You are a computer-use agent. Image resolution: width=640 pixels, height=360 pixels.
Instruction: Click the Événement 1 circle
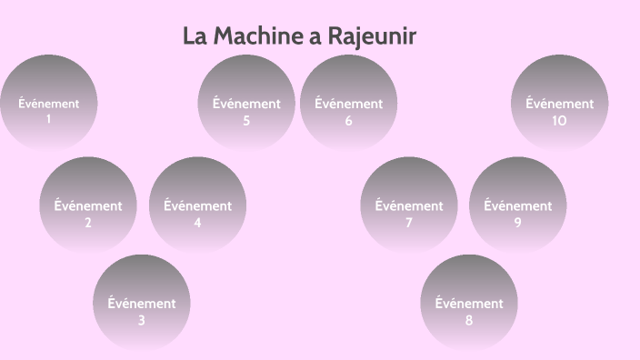[48, 103]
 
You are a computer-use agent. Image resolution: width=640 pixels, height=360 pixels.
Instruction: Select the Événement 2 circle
[88, 205]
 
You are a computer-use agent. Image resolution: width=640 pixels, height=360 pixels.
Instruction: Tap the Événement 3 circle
[142, 303]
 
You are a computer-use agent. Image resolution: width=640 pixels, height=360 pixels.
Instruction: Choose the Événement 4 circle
[197, 205]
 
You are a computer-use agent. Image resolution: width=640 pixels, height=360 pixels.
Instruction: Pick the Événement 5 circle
[246, 103]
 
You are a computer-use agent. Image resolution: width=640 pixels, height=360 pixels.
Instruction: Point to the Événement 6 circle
[348, 103]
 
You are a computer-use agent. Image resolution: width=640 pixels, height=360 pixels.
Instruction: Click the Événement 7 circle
[409, 205]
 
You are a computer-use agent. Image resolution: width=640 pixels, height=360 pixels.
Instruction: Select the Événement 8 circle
[469, 303]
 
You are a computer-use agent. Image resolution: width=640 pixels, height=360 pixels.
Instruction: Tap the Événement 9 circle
[517, 205]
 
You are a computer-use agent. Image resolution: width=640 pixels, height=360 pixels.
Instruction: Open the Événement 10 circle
[559, 103]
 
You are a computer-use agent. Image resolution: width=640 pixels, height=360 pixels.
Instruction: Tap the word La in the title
[195, 37]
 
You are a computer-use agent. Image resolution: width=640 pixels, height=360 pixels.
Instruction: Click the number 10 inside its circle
[559, 121]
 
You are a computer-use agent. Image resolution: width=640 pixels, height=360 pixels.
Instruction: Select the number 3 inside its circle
[142, 321]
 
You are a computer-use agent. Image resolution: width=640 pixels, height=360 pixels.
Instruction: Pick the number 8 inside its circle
[469, 321]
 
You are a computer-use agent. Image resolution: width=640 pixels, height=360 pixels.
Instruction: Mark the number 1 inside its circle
[48, 119]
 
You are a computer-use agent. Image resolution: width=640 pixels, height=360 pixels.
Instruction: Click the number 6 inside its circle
[348, 121]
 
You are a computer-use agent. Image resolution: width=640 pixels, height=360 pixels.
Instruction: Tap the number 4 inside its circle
[197, 223]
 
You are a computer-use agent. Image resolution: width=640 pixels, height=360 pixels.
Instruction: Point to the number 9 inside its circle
[517, 223]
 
